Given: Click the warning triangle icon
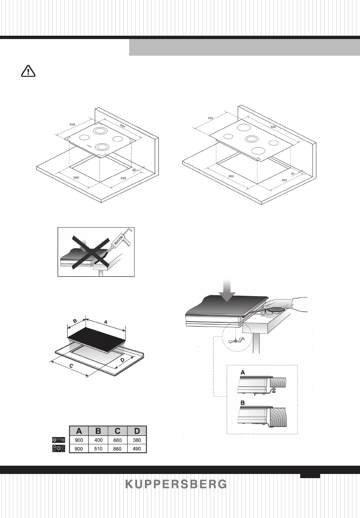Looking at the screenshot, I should (28, 71).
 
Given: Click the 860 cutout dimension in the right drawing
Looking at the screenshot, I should (232, 176).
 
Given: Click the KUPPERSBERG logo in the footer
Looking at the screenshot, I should (176, 484).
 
